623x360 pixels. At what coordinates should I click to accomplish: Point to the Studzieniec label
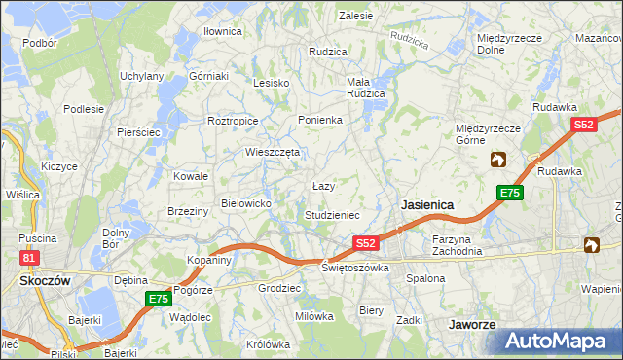[x=333, y=214]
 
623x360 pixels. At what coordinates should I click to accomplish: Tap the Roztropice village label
[x=233, y=121]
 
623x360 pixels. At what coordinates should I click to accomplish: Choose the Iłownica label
[x=222, y=31]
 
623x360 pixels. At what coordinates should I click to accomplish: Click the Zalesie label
[x=355, y=16]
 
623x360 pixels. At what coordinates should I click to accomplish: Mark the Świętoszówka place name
[x=355, y=267]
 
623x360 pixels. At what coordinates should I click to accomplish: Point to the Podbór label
[x=39, y=43]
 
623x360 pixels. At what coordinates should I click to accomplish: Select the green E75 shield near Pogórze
[x=159, y=299]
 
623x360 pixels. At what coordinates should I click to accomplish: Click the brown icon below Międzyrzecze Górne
[x=498, y=160]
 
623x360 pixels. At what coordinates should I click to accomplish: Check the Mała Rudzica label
[x=366, y=88]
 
